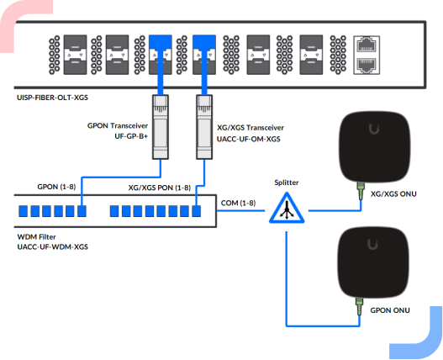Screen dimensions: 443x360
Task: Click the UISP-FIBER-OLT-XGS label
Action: tap(53, 98)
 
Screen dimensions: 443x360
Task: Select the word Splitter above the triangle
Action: tap(287, 183)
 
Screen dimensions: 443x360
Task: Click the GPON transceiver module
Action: tap(161, 127)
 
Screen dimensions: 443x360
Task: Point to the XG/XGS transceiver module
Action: tap(204, 127)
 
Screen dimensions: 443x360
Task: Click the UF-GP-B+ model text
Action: tap(131, 136)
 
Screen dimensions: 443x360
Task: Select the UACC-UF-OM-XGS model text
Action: tap(249, 139)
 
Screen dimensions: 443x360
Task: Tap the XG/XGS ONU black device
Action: tap(375, 147)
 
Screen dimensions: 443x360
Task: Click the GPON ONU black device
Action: tap(373, 262)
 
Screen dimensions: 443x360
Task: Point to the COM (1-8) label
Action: tap(238, 203)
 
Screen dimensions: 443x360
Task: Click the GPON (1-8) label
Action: tap(56, 187)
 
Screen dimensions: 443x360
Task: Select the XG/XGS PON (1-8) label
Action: tap(160, 188)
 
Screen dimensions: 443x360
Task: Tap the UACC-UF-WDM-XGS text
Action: tap(53, 247)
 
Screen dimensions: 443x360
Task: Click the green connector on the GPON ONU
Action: tap(360, 306)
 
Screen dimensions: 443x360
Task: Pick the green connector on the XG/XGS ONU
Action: tap(361, 191)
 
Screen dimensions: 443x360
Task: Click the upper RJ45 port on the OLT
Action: tap(367, 45)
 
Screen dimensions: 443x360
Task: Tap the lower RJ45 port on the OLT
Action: tap(367, 66)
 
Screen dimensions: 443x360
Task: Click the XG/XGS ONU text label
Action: tap(393, 194)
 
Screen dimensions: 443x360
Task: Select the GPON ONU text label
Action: tap(390, 310)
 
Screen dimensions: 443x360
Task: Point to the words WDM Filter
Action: tap(36, 236)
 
